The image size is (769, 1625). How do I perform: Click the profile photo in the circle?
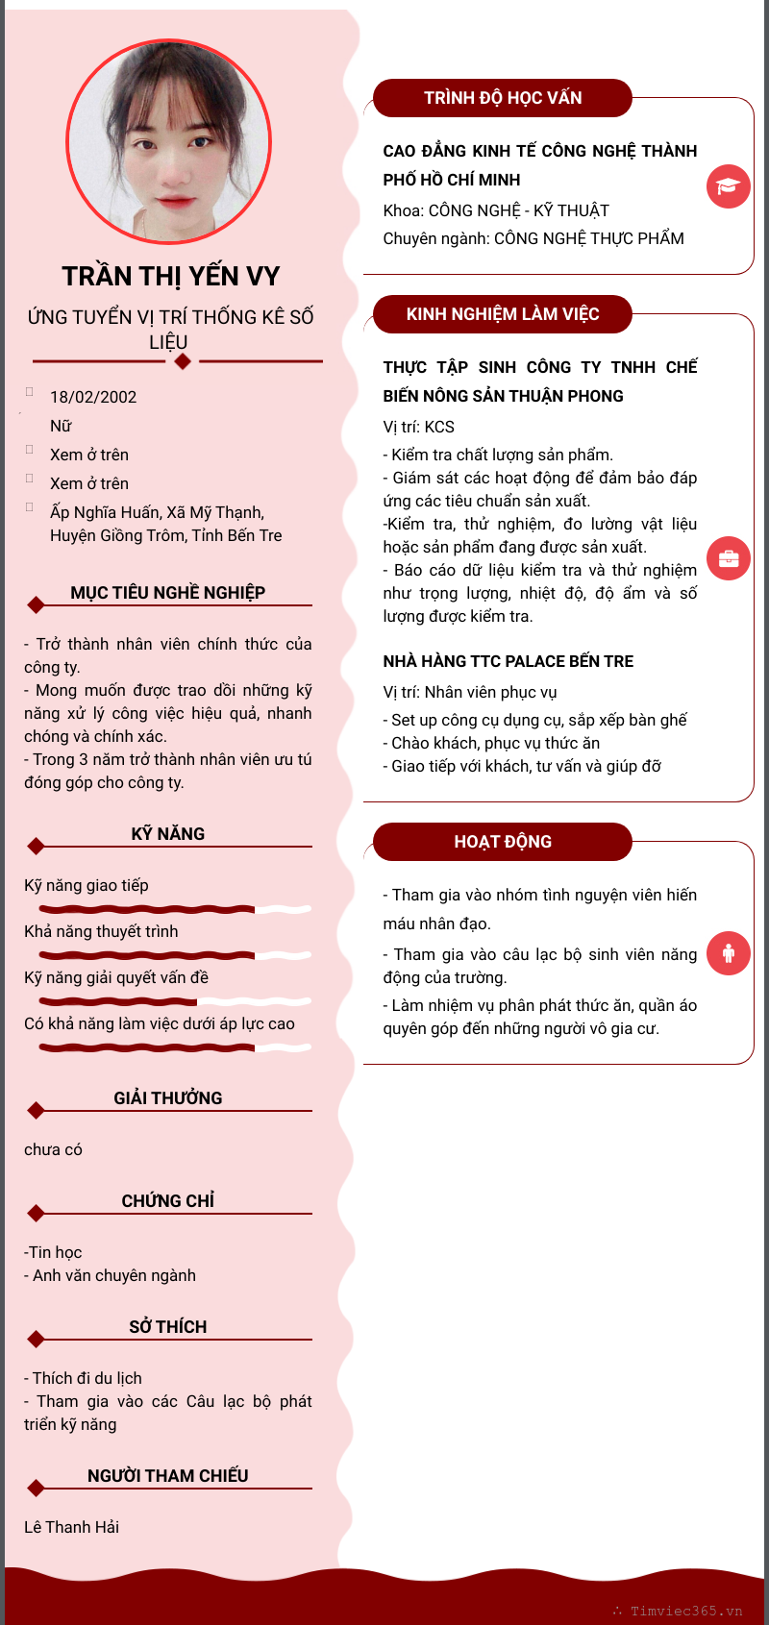(169, 141)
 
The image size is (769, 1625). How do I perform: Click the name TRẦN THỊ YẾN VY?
(171, 277)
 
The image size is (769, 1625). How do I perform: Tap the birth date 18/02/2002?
(93, 397)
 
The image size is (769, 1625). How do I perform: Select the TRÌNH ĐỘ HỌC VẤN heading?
(503, 98)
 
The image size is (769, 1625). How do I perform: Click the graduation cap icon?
(728, 186)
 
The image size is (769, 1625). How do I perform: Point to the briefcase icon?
(728, 558)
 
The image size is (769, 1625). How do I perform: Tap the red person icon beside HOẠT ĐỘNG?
(728, 952)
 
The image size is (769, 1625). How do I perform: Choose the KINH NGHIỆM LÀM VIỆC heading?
(503, 314)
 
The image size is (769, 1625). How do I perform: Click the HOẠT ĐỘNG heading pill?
(503, 842)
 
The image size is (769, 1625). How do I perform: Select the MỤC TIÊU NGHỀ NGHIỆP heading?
(168, 593)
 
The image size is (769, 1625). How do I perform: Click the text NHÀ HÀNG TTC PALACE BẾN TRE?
(509, 661)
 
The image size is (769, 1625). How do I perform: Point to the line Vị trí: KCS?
(419, 427)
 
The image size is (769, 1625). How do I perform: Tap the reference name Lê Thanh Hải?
(72, 1527)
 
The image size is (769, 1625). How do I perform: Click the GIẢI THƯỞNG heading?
(168, 1098)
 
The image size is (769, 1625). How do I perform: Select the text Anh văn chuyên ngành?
(114, 1275)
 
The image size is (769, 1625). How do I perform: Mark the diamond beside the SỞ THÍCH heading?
(37, 1339)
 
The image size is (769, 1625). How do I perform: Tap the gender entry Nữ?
(61, 426)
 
